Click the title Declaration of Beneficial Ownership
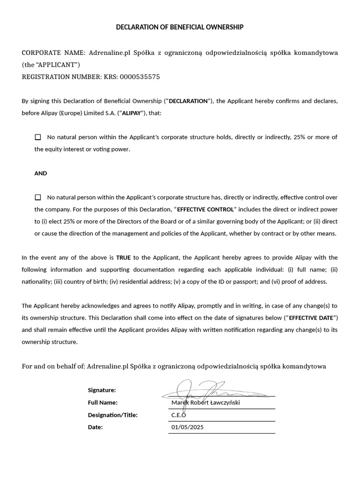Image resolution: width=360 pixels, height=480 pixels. click(x=180, y=27)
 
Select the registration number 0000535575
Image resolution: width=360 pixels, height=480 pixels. click(x=140, y=77)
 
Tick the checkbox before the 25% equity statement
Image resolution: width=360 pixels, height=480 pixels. click(x=37, y=137)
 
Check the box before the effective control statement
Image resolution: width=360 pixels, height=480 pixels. click(x=37, y=197)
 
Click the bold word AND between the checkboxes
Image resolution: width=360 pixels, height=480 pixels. click(x=41, y=173)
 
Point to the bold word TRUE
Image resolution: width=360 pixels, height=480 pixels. click(x=123, y=258)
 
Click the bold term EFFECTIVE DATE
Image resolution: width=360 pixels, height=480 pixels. click(x=312, y=318)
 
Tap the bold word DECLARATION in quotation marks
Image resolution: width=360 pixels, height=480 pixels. click(x=188, y=101)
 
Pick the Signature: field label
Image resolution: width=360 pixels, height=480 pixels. click(x=102, y=390)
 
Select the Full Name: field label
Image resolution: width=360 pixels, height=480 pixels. click(x=103, y=403)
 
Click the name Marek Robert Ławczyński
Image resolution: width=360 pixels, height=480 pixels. click(x=205, y=403)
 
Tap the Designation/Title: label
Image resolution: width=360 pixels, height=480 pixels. click(x=112, y=415)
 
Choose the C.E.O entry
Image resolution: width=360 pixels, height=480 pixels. click(x=179, y=415)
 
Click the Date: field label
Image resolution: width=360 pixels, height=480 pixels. click(x=95, y=427)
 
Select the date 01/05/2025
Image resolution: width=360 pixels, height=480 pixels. click(x=187, y=427)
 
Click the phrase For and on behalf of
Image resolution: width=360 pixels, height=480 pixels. click(x=53, y=366)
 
